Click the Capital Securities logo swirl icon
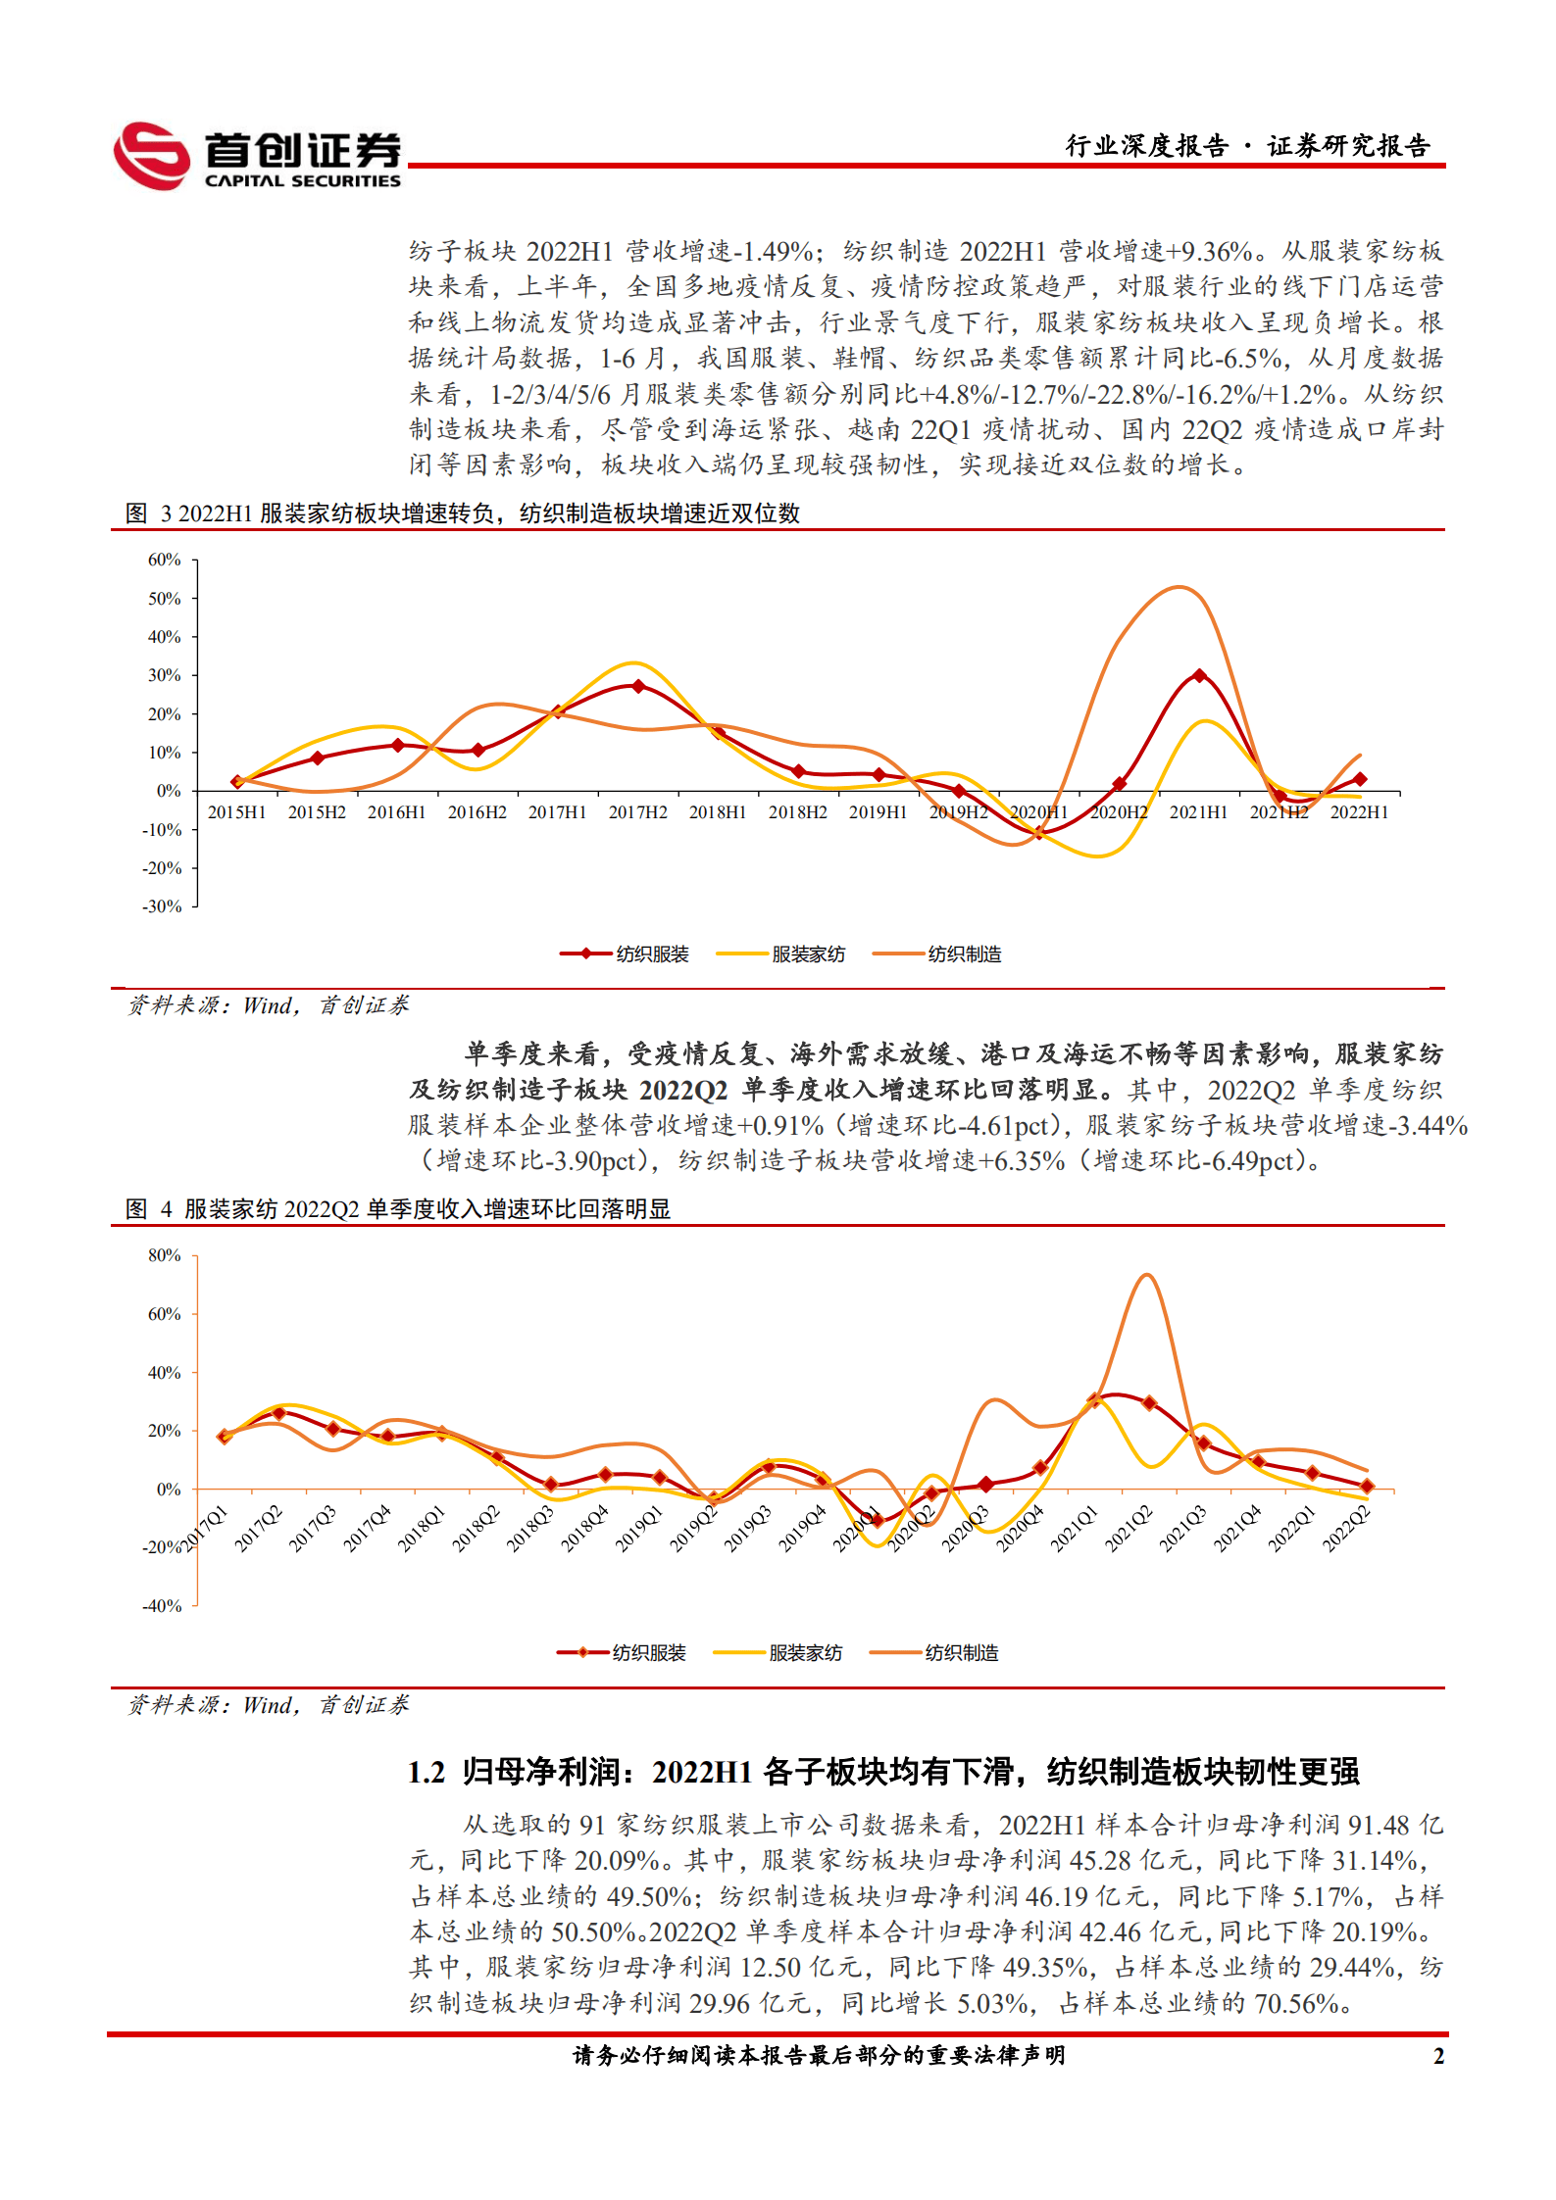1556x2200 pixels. pos(151,156)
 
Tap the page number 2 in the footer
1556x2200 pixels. pos(1438,2056)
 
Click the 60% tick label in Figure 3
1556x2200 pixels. pos(165,560)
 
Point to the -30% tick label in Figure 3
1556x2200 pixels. pos(163,906)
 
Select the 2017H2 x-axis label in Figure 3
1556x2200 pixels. pos(637,812)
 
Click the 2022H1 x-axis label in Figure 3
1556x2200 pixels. pos(1359,812)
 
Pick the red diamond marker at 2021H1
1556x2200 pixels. pos(1199,676)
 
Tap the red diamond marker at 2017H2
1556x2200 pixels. pos(638,686)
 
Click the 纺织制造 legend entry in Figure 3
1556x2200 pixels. pos(964,954)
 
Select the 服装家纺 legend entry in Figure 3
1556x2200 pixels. pos(808,954)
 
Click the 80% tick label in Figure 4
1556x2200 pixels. pos(165,1255)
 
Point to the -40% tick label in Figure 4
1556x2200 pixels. pos(163,1606)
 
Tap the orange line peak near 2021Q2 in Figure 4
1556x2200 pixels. pos(1146,1275)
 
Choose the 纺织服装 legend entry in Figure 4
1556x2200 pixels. pos(648,1653)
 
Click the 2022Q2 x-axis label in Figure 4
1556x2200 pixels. pos(1346,1530)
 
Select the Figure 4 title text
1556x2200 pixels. pos(399,1209)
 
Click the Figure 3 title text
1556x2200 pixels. pos(463,513)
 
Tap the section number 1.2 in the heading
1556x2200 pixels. pos(427,1773)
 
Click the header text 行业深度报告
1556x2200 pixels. pos(1146,146)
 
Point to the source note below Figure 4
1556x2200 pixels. pos(268,1705)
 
